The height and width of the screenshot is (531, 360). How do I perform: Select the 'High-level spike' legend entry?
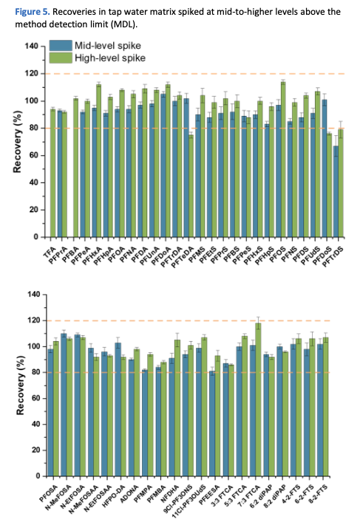pos(107,57)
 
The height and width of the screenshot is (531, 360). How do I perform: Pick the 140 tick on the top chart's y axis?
pos(31,47)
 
